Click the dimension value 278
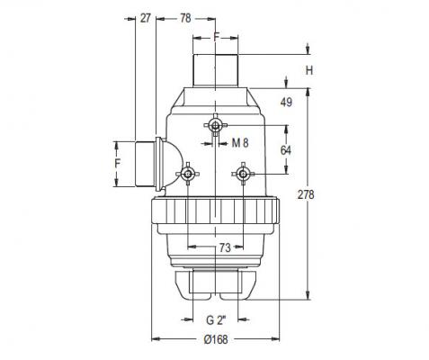coord(306,194)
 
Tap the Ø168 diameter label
coord(216,339)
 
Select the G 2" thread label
coord(216,320)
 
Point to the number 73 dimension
coord(225,247)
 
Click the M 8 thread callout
coord(240,143)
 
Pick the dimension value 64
coord(286,150)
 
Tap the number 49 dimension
coord(286,103)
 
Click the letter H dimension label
coord(309,71)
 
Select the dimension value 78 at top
coord(185,18)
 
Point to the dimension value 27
coord(145,18)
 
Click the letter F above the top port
coord(217,37)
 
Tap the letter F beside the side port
coord(118,163)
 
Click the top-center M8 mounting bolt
coord(215,125)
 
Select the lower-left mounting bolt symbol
coord(188,174)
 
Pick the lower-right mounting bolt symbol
coord(243,174)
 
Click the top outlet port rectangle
coord(216,70)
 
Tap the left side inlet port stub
coord(146,164)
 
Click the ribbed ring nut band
coord(215,211)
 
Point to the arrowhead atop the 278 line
coord(308,92)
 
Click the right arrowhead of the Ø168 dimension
coord(275,339)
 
